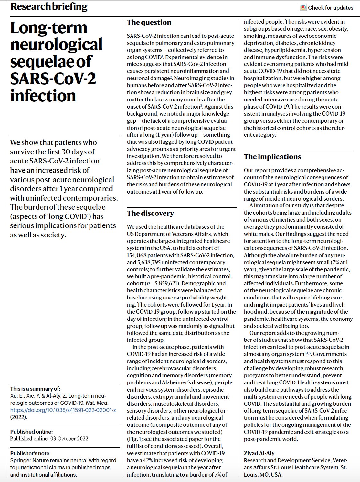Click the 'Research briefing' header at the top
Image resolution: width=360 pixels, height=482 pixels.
pyautogui.click(x=49, y=6)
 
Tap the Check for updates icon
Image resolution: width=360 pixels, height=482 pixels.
pyautogui.click(x=303, y=7)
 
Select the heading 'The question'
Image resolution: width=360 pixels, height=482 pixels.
pyautogui.click(x=149, y=22)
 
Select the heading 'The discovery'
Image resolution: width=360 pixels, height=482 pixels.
pyautogui.click(x=150, y=213)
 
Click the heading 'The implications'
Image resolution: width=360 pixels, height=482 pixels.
pyautogui.click(x=272, y=157)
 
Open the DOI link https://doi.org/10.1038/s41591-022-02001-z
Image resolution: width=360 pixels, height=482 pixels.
pyautogui.click(x=63, y=410)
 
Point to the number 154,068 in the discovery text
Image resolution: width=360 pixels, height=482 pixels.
pyautogui.click(x=138, y=255)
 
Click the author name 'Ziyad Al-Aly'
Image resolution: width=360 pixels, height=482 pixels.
pyautogui.click(x=259, y=453)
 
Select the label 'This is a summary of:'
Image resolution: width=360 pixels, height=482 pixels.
pyautogui.click(x=35, y=389)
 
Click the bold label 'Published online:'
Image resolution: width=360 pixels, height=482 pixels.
pyautogui.click(x=31, y=432)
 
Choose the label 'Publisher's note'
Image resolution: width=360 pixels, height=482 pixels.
pyautogui.click(x=30, y=453)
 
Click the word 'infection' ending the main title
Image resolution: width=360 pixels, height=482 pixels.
pyautogui.click(x=43, y=96)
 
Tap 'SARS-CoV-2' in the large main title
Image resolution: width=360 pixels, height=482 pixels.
pyautogui.click(x=53, y=79)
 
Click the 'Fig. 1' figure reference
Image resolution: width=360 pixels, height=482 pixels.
pyautogui.click(x=135, y=439)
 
